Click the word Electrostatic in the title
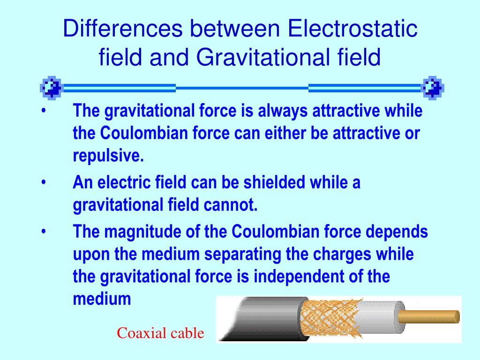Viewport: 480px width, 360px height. (352, 29)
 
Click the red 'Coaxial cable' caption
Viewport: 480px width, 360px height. (160, 333)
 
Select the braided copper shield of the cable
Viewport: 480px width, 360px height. (328, 319)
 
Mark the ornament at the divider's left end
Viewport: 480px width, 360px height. (51, 87)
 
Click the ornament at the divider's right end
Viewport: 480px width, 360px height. (432, 87)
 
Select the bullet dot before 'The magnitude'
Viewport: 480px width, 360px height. (44, 232)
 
